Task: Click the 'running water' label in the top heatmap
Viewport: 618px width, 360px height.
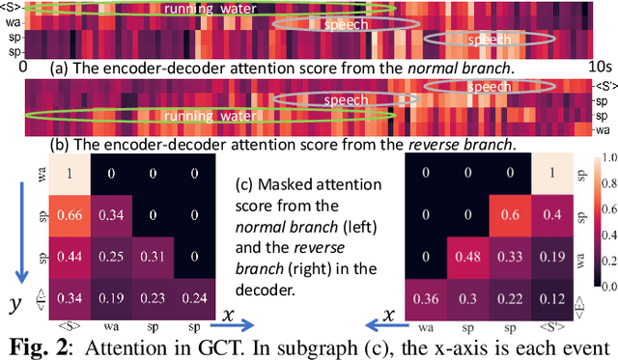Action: (204, 10)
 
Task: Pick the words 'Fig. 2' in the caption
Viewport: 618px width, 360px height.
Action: (38, 346)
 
